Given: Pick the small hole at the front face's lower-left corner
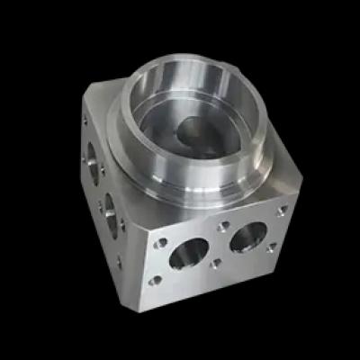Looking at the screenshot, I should click(x=156, y=280).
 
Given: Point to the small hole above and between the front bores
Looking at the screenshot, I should click(x=220, y=228).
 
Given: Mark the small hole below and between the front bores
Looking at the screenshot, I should click(x=216, y=264).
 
